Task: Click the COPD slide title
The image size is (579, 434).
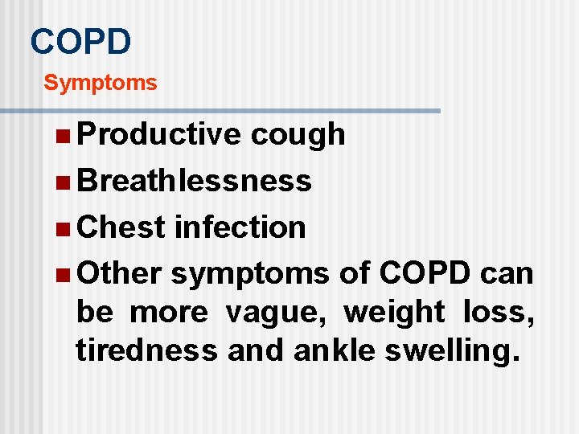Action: pyautogui.click(x=80, y=41)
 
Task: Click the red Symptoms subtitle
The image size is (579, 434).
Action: pyautogui.click(x=101, y=83)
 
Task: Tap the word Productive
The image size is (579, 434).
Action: pyautogui.click(x=158, y=134)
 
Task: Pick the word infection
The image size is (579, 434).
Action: pyautogui.click(x=240, y=227)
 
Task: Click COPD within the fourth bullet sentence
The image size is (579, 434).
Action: pyautogui.click(x=424, y=273)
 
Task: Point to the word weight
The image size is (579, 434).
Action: pyautogui.click(x=394, y=312)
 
